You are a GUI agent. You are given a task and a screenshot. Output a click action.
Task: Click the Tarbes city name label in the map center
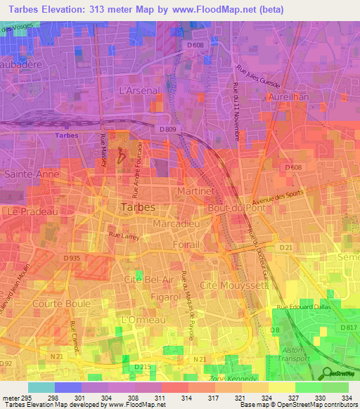click(139, 208)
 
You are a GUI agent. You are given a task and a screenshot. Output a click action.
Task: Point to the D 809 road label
click(168, 129)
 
